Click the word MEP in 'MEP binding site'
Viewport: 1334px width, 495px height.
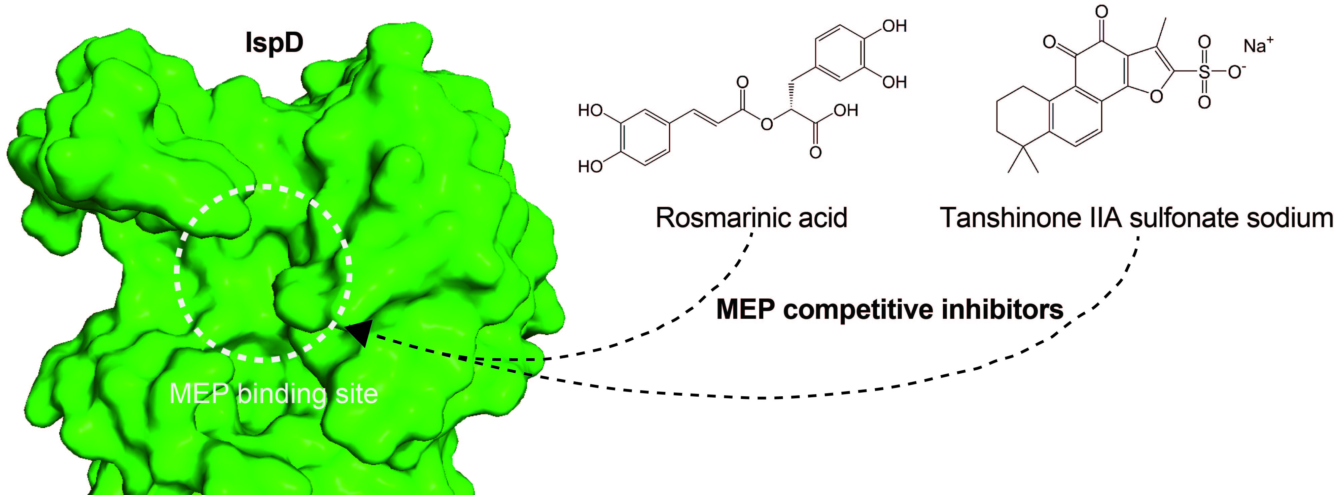pos(199,394)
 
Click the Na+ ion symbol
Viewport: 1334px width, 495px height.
pos(1257,45)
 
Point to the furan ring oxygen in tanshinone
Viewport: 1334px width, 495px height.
pos(1156,96)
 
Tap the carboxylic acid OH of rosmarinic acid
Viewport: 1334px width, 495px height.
pos(846,111)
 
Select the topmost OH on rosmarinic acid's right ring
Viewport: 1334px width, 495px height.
pos(894,26)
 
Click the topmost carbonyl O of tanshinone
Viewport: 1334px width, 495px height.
pos(1101,11)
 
